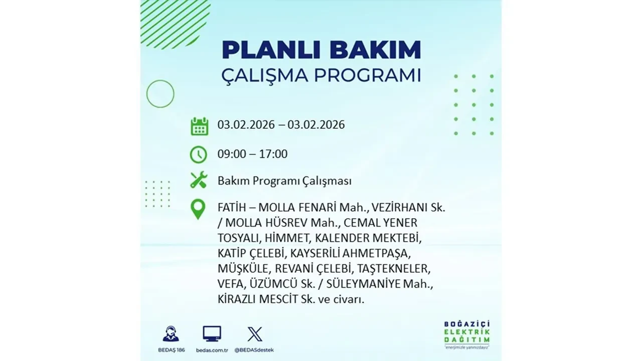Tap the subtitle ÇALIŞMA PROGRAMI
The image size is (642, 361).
coord(321,76)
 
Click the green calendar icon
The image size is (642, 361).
coord(199,126)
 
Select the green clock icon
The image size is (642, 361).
coord(199,154)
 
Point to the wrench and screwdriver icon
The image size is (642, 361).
coord(199,180)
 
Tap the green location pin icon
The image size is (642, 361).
coord(199,209)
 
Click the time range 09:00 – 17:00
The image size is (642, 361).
coord(252,154)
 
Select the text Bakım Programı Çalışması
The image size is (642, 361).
coord(284,181)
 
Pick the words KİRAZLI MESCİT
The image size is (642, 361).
coord(256,300)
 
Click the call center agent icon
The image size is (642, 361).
coord(171,334)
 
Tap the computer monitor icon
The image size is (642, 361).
coord(212,334)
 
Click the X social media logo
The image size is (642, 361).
coord(254,334)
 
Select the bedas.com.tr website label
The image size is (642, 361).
coord(212,349)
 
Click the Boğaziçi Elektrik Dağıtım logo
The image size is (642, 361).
coord(467,333)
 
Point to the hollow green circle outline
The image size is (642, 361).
coord(160,94)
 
